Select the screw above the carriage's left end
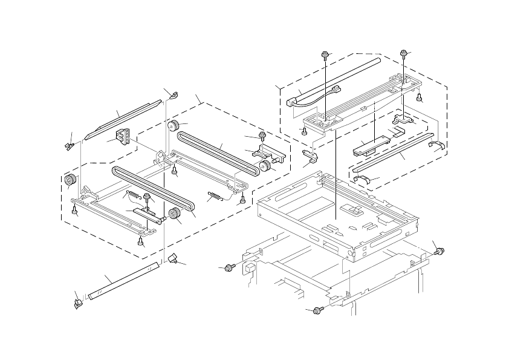pyautogui.click(x=325, y=56)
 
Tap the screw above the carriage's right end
pyautogui.click(x=404, y=55)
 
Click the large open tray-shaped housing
pyautogui.click(x=339, y=212)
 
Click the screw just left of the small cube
pyautogui.click(x=229, y=267)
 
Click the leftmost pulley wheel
pyautogui.click(x=70, y=180)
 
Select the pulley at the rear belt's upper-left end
pyautogui.click(x=172, y=126)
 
